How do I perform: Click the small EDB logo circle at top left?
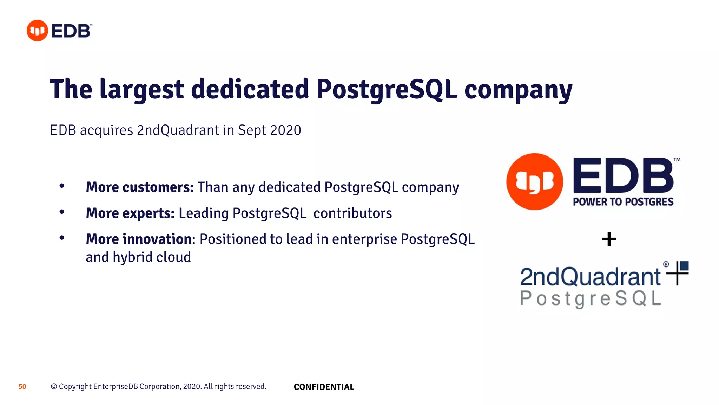click(x=37, y=31)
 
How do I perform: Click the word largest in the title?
click(x=141, y=90)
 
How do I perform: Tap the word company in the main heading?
click(x=518, y=90)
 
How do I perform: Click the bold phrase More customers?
click(x=140, y=187)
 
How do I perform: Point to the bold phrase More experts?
click(x=130, y=213)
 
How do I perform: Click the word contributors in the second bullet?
click(x=352, y=213)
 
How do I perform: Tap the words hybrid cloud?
click(x=152, y=257)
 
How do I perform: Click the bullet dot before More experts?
click(x=62, y=212)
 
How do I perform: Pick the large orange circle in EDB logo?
click(x=534, y=182)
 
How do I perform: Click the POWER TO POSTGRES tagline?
click(x=623, y=202)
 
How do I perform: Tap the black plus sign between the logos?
click(x=609, y=239)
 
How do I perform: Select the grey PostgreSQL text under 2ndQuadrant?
click(x=591, y=299)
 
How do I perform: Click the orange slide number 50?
click(x=22, y=387)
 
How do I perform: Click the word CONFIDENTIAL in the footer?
click(x=324, y=387)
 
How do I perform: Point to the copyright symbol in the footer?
click(x=54, y=386)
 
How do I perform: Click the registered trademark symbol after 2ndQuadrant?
click(x=666, y=264)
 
